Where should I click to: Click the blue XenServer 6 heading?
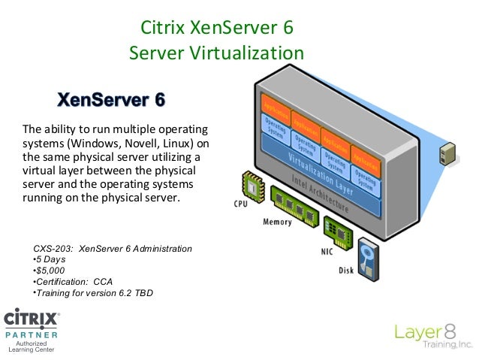point(111,100)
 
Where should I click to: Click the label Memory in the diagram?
point(277,222)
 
